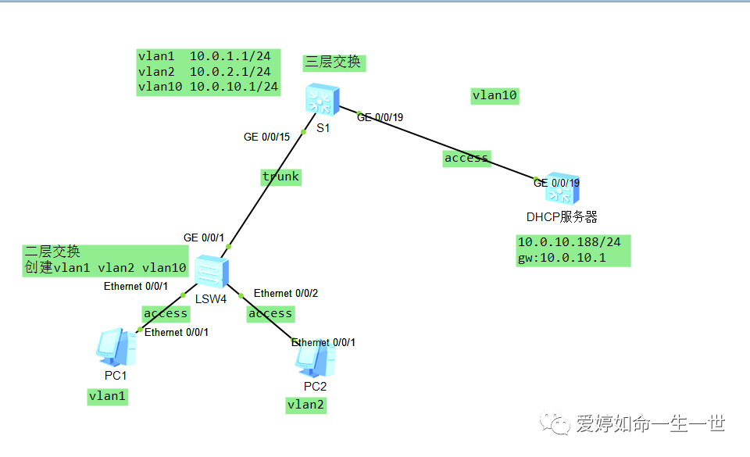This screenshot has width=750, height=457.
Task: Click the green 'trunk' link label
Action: point(280,177)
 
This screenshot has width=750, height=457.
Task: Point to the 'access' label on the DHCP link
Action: point(466,158)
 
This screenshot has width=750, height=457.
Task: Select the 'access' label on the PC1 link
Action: point(166,313)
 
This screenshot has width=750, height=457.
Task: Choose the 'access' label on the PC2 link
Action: point(270,313)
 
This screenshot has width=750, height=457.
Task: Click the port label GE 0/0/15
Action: point(266,137)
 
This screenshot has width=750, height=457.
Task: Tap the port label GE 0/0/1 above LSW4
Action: point(203,237)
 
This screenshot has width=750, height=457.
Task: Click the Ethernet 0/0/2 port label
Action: point(286,294)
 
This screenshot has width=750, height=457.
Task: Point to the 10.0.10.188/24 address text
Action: point(570,242)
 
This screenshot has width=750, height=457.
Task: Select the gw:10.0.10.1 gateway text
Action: point(562,258)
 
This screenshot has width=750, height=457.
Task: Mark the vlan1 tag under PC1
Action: point(108,396)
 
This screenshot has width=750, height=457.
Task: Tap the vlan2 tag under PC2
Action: point(306,404)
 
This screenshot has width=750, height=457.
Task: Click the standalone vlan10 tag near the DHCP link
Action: point(495,95)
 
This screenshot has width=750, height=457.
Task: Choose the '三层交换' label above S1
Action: point(334,62)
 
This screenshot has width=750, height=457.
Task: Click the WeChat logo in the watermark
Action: point(560,424)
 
